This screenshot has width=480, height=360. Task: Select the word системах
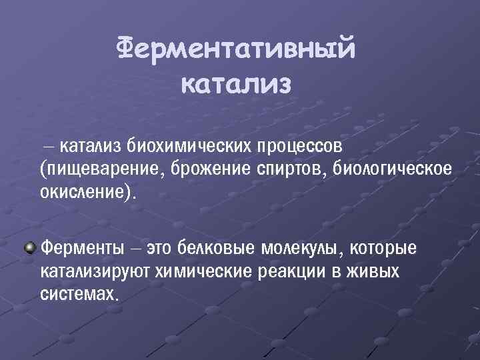[x=79, y=295]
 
